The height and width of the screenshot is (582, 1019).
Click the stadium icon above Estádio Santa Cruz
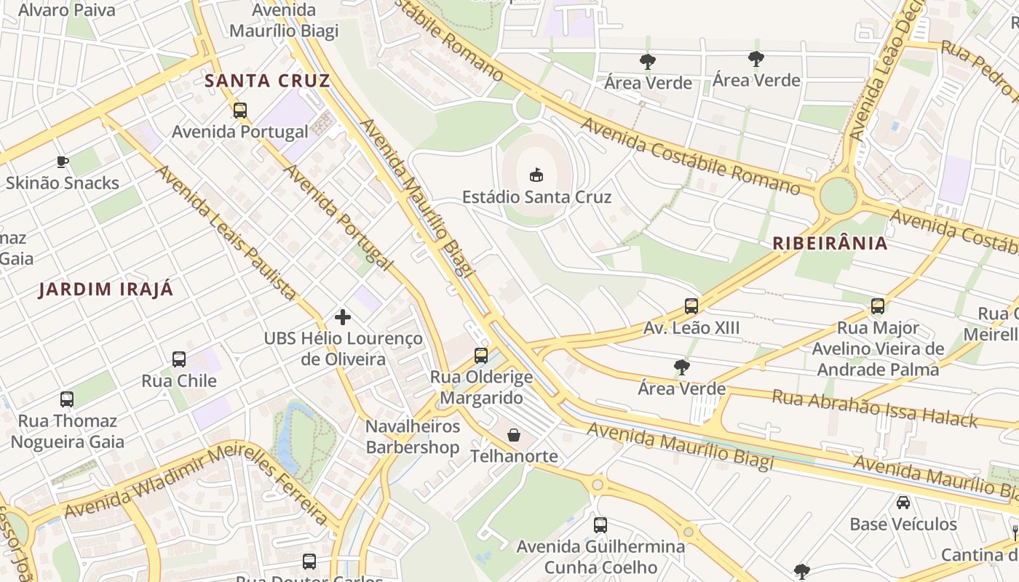536,175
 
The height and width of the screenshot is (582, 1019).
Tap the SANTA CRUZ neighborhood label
267,80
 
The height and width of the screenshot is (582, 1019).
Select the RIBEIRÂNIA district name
830,243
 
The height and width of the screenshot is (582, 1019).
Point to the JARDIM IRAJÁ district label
106,290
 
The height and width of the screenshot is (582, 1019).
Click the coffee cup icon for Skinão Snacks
63,162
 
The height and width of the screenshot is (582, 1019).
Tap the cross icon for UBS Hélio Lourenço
342,317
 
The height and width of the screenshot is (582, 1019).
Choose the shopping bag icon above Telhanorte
514,435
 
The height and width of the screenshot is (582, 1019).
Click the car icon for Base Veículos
903,503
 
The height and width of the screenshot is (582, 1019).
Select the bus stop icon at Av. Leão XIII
691,306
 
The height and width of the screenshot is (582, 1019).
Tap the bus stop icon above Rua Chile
179,359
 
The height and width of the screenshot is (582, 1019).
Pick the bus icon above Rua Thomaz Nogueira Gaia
67,399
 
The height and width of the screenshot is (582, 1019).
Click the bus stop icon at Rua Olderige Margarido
480,356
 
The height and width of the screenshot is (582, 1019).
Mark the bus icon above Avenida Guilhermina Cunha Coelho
600,525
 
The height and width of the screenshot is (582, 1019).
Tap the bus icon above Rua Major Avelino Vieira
878,306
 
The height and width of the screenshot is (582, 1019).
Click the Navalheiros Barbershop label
413,436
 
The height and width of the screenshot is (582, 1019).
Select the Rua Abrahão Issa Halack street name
875,408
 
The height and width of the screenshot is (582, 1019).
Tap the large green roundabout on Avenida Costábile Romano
838,196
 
